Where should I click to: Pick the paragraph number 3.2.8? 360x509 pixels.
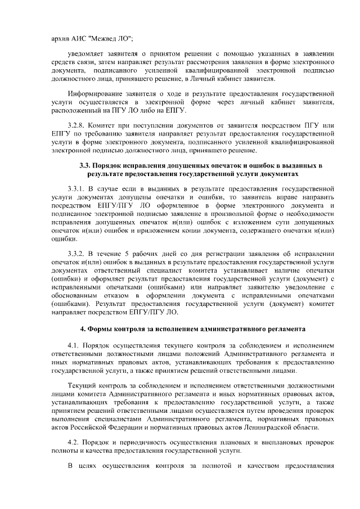tap(76, 125)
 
